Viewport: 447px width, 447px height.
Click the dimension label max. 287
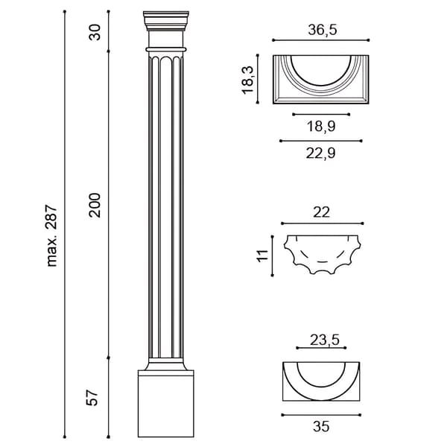pos(52,235)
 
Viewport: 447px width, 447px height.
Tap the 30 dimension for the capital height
pos(95,32)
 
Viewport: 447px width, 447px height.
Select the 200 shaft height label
pos(95,206)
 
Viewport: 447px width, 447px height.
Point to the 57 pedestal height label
pos(92,397)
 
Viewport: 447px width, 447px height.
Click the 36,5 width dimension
pos(323,30)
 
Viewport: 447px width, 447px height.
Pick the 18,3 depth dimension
pos(247,80)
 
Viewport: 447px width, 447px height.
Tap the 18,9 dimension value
pos(321,126)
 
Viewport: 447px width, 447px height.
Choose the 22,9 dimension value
pos(320,153)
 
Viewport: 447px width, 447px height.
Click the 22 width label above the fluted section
pos(321,212)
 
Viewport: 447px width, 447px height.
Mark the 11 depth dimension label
pos(262,255)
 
